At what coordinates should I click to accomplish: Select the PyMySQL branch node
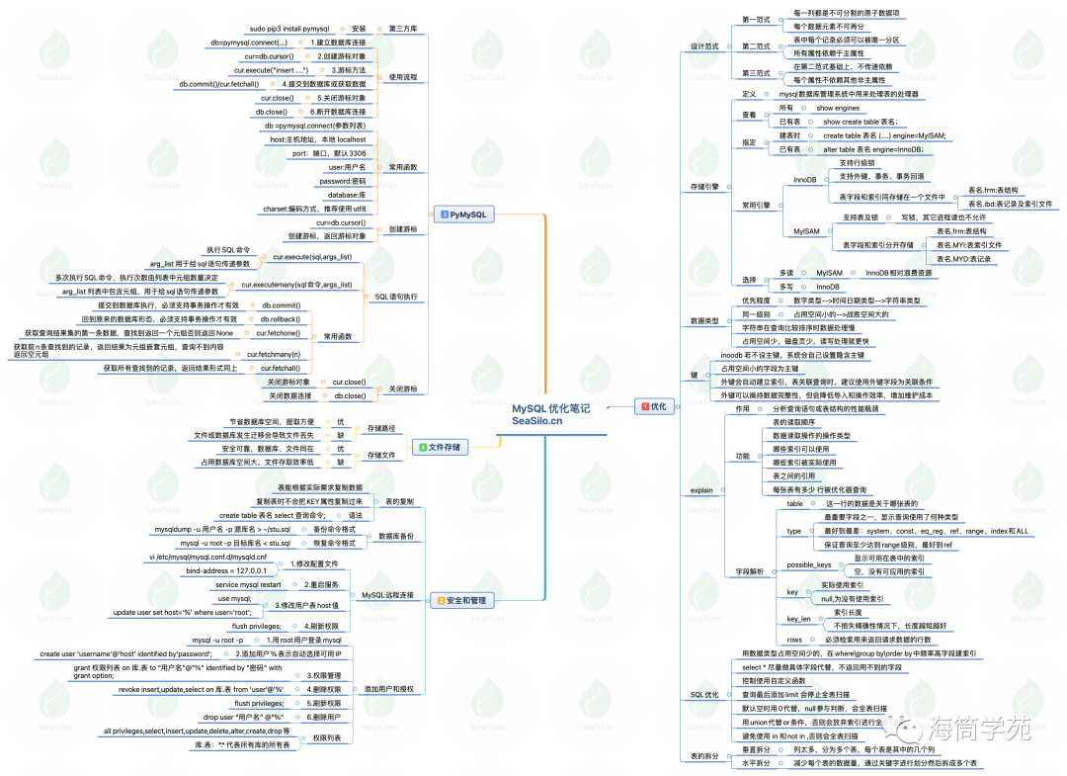pos(466,214)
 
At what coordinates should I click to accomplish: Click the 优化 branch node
pos(654,405)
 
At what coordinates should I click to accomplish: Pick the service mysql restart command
pos(248,584)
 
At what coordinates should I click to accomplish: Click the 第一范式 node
pos(756,20)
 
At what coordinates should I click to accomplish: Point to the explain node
pos(701,489)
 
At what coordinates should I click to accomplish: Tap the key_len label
pos(799,619)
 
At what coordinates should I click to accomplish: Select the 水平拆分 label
pos(756,763)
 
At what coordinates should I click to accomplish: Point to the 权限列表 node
pos(327,737)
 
